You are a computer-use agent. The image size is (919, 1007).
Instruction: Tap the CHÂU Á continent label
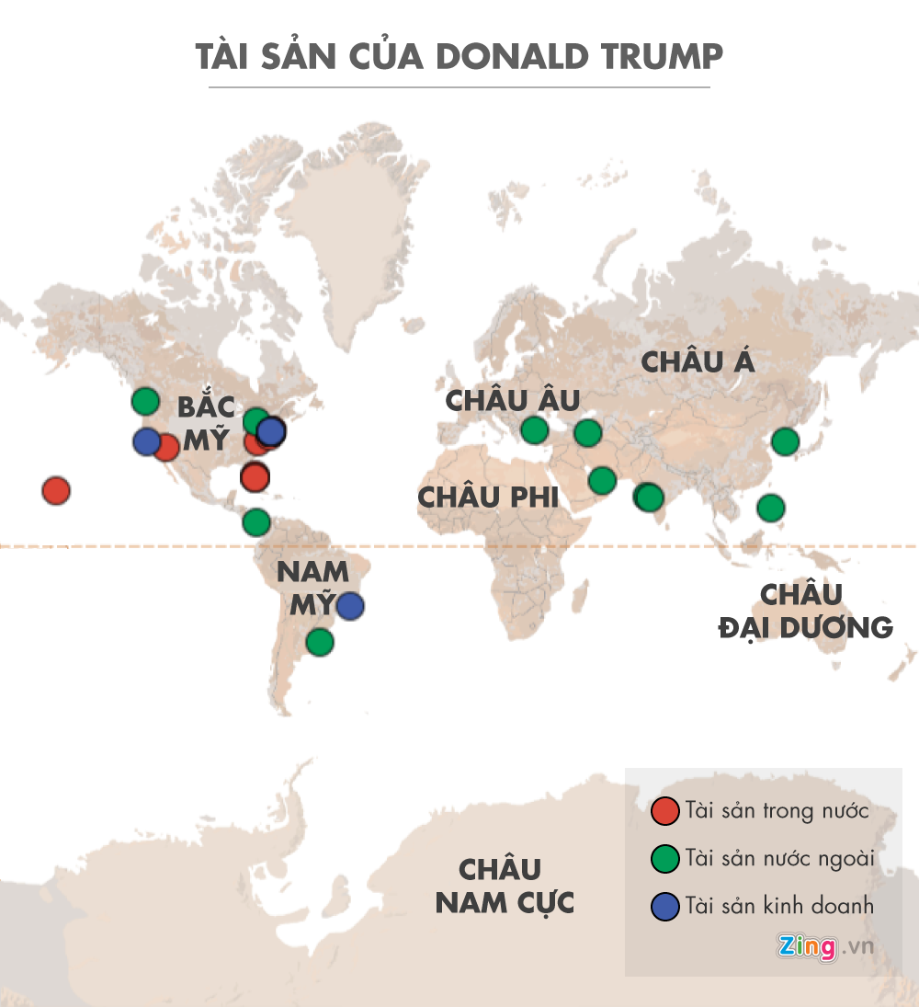click(698, 361)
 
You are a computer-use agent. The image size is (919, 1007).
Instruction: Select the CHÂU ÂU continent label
click(513, 400)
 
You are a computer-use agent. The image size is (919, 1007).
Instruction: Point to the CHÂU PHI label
click(488, 497)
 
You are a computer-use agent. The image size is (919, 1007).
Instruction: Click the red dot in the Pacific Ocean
click(56, 490)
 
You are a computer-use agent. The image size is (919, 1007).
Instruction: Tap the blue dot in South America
click(349, 606)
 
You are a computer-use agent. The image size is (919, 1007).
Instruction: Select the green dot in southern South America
click(319, 641)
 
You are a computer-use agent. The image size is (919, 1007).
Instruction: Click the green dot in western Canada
click(145, 401)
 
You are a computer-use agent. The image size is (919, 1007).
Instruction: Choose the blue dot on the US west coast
click(146, 441)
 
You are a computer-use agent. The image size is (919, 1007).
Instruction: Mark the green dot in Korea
click(785, 441)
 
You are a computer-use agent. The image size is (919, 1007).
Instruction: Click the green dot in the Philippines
click(771, 507)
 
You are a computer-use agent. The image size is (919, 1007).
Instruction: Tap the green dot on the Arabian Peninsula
click(602, 479)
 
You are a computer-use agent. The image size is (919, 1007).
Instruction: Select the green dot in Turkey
click(534, 429)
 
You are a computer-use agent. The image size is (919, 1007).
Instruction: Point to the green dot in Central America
click(256, 522)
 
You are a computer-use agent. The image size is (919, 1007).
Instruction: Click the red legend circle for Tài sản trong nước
click(664, 811)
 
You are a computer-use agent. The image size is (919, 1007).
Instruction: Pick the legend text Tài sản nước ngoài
click(778, 858)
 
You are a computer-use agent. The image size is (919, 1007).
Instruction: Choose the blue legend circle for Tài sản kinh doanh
click(664, 906)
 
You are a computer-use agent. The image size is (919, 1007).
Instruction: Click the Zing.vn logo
click(823, 946)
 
